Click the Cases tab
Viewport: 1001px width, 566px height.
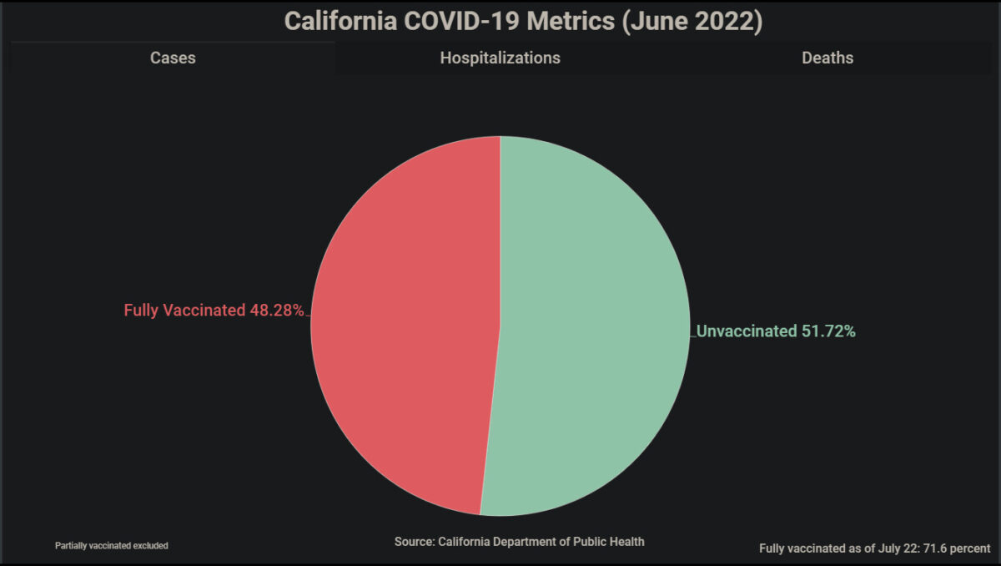click(x=173, y=58)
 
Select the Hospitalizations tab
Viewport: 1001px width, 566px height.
click(x=500, y=58)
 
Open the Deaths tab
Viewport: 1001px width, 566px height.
click(x=827, y=58)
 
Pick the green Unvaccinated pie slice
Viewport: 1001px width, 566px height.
click(x=592, y=326)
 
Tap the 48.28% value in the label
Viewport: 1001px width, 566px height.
click(x=276, y=311)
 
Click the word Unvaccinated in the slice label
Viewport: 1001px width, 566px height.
click(x=747, y=331)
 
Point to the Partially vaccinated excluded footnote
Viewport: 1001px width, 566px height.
click(x=112, y=545)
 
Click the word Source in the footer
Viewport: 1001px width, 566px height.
click(x=414, y=542)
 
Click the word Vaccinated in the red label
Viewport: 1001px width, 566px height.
click(x=204, y=311)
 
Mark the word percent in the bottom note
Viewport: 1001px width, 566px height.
click(x=970, y=548)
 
